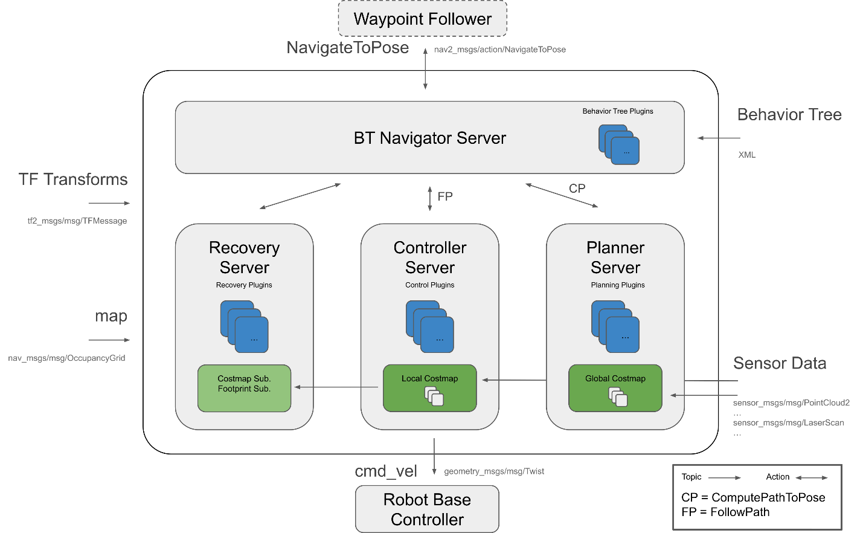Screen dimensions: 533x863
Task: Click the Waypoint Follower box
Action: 422,19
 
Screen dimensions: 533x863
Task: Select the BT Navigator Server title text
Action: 429,138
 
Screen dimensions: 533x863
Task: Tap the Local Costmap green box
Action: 429,388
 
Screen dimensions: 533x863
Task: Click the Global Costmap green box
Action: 615,388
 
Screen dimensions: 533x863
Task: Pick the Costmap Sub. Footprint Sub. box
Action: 244,388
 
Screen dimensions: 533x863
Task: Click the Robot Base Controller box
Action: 427,509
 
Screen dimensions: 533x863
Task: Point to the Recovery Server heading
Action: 244,257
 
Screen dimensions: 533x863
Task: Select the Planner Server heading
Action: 615,257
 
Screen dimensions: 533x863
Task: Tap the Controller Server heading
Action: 429,257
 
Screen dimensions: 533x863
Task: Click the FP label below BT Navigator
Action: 445,196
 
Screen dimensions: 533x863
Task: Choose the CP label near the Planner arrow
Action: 577,189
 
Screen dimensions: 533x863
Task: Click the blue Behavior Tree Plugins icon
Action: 618,144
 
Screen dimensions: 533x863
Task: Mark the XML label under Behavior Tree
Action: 746,155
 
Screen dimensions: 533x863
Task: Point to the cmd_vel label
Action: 386,471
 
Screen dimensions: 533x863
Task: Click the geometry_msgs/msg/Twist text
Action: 494,471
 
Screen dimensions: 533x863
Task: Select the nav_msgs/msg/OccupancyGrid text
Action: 66,358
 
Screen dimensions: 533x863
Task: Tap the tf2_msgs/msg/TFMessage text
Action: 77,221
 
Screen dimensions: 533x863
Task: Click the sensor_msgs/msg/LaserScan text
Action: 788,423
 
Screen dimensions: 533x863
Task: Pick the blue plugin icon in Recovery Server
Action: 244,327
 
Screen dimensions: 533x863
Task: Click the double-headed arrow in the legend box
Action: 811,478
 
